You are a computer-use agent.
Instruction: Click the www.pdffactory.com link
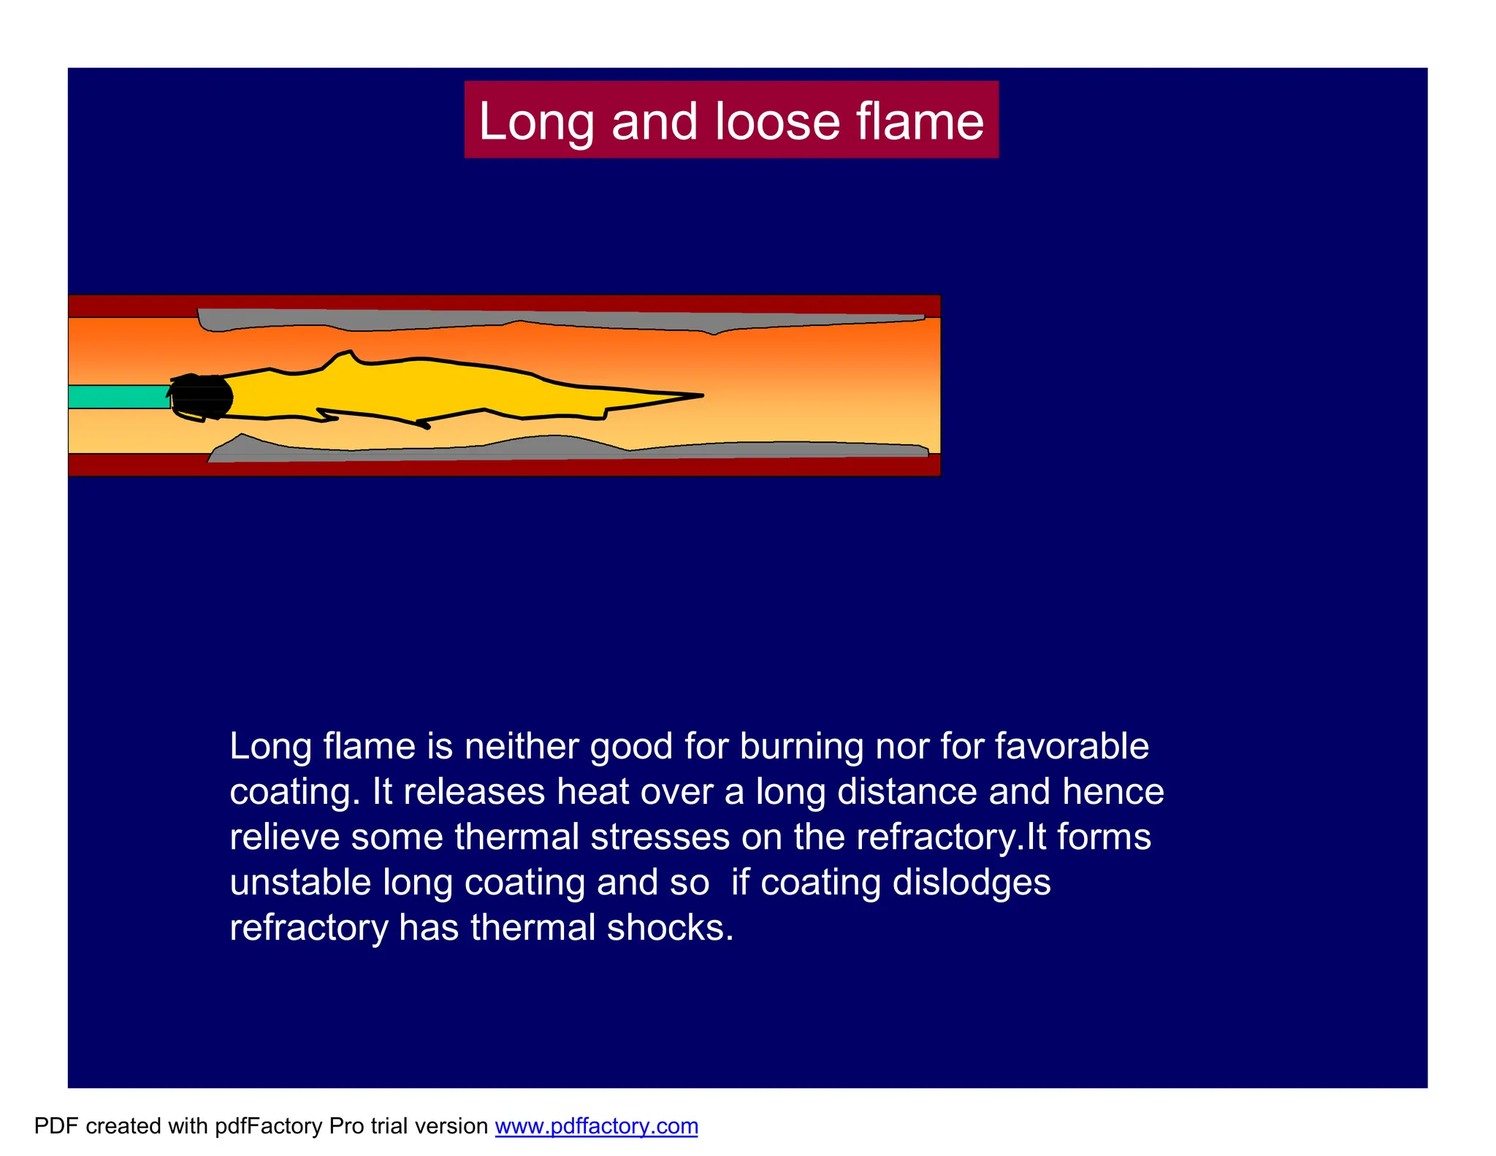[596, 1126]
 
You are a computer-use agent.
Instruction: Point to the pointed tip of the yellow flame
[699, 396]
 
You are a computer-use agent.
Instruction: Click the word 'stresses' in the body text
[660, 837]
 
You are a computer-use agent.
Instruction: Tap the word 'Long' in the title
[536, 121]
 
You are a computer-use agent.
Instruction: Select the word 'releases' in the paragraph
[474, 792]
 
